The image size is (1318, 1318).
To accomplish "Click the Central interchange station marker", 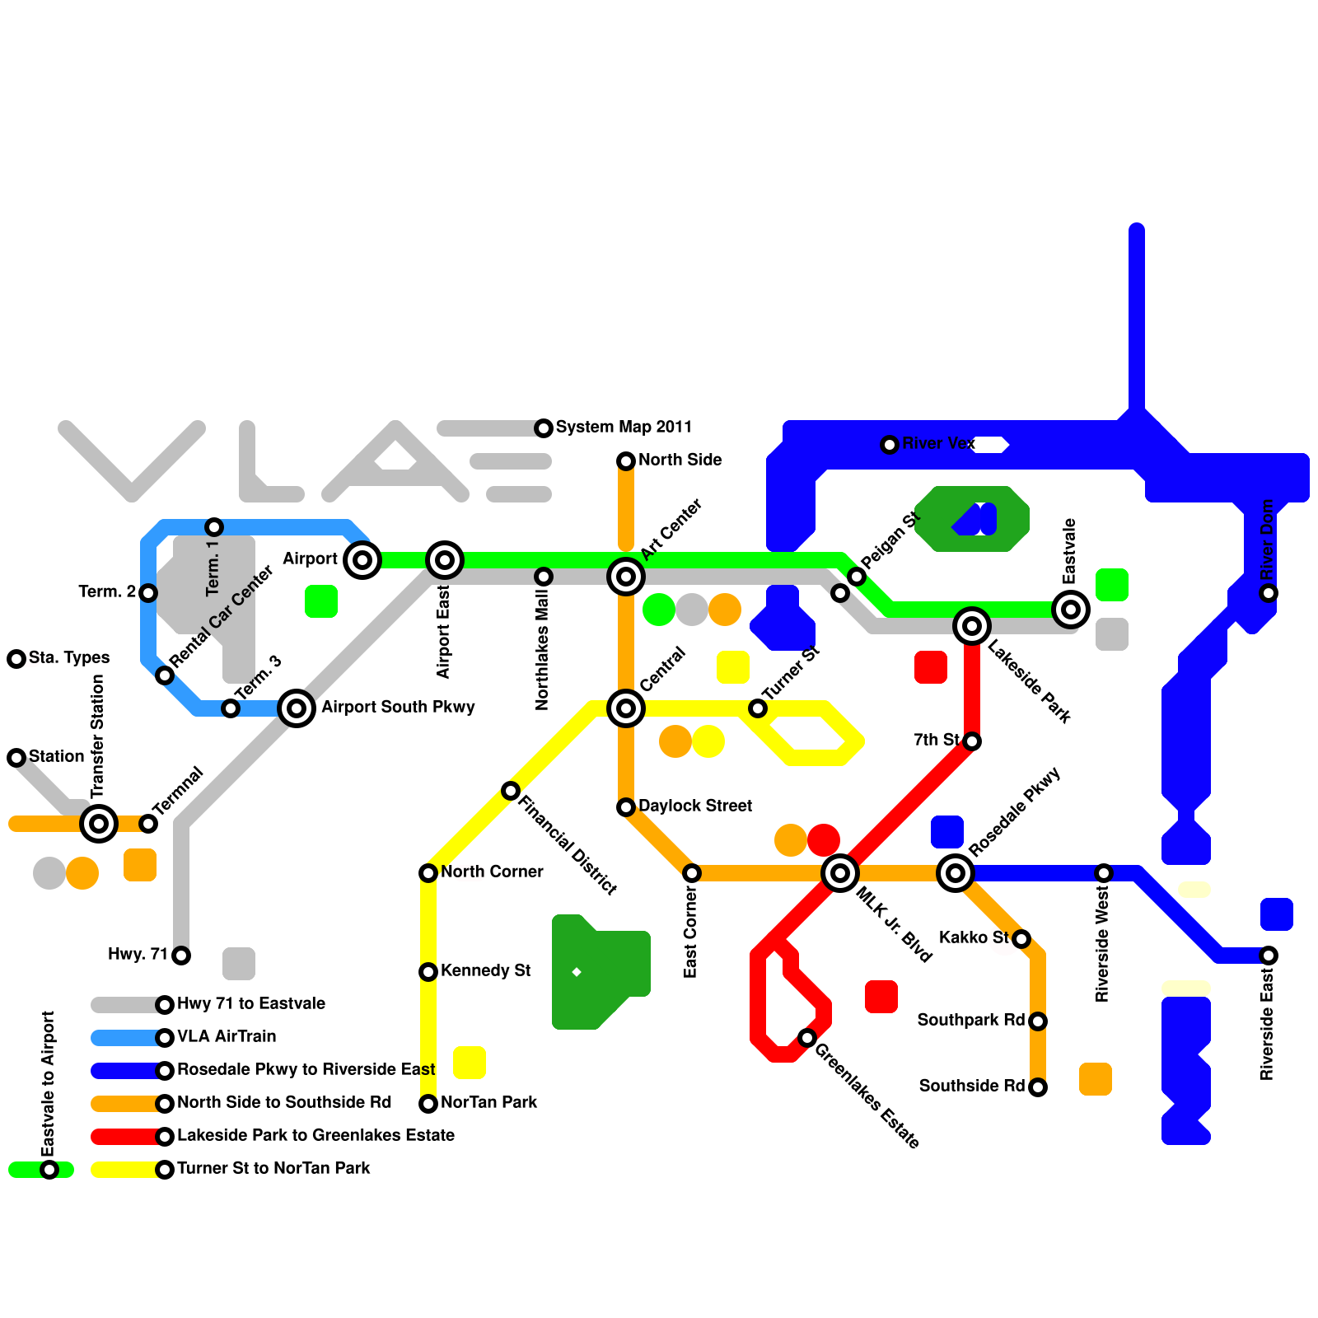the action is [x=626, y=708].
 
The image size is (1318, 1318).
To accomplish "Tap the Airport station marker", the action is [x=362, y=560].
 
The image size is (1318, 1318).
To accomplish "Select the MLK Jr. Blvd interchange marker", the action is [x=840, y=873].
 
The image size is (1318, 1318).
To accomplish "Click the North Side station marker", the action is [x=626, y=461].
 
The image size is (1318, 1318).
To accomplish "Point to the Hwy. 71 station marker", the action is [x=181, y=956].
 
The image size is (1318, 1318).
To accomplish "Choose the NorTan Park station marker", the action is [x=428, y=1104].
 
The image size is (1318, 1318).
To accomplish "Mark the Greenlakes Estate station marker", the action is [x=807, y=1038].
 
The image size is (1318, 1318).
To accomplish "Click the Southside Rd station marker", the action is [x=1038, y=1087].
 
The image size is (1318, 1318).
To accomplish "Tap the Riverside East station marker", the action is [x=1269, y=956].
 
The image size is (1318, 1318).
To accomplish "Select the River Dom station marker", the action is [x=1269, y=593].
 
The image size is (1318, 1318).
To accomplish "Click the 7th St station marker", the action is [x=972, y=741].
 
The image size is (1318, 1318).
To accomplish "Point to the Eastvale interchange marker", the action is [x=1071, y=610].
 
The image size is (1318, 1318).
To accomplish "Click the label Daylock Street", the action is [x=694, y=806].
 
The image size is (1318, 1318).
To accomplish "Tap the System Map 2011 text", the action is [x=624, y=427].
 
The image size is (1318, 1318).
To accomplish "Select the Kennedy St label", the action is [x=485, y=970].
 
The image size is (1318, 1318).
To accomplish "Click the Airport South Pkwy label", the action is [x=398, y=707].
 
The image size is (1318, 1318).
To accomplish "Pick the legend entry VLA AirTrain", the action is [x=227, y=1036].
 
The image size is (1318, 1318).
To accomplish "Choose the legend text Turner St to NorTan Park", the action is [x=273, y=1168].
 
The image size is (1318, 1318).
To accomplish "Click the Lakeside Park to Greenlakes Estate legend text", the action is [x=315, y=1135].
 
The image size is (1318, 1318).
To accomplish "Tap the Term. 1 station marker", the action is [x=214, y=527].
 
